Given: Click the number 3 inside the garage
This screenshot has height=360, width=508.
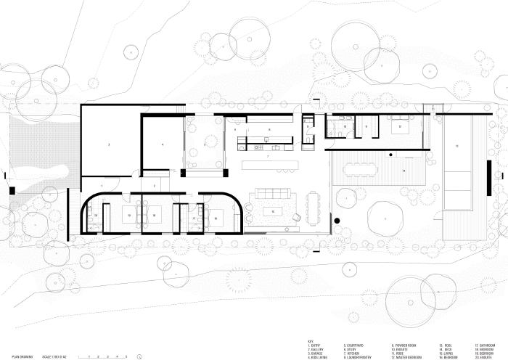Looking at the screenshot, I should [x=109, y=146].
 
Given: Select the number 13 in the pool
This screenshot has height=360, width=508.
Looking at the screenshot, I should [x=456, y=146].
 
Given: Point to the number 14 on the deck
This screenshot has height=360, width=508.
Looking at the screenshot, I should [x=403, y=171].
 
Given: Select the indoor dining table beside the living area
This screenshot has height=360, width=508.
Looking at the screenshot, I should [x=313, y=206].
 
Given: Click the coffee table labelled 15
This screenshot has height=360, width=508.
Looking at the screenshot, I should [x=273, y=210].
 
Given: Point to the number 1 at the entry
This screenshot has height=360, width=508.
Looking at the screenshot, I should [x=102, y=187].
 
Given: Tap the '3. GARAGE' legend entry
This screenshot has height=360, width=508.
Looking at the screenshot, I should [x=316, y=353].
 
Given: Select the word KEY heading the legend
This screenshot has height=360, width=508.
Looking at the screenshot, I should [x=309, y=340].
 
